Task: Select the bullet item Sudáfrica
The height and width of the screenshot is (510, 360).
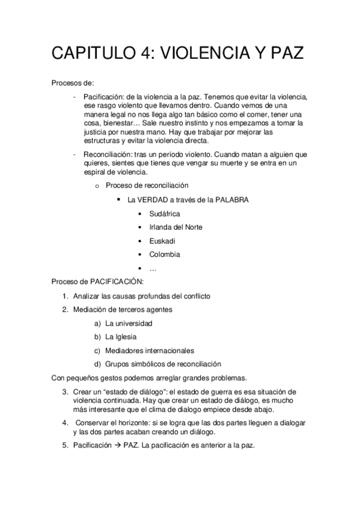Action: coord(164,214)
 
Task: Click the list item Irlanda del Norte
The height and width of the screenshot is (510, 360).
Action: coord(175,227)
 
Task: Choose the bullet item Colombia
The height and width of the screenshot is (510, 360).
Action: coord(165,254)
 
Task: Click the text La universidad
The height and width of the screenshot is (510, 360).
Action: coord(129,323)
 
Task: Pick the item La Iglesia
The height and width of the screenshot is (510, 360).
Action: coord(120,337)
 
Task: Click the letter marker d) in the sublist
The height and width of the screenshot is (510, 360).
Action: coord(97,364)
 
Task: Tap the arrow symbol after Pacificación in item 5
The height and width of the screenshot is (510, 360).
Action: coord(118,446)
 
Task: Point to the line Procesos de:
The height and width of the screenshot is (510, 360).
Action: coord(72,82)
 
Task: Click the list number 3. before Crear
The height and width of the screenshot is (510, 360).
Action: coord(65,392)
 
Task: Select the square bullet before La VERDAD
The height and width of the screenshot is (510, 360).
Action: coord(111,199)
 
